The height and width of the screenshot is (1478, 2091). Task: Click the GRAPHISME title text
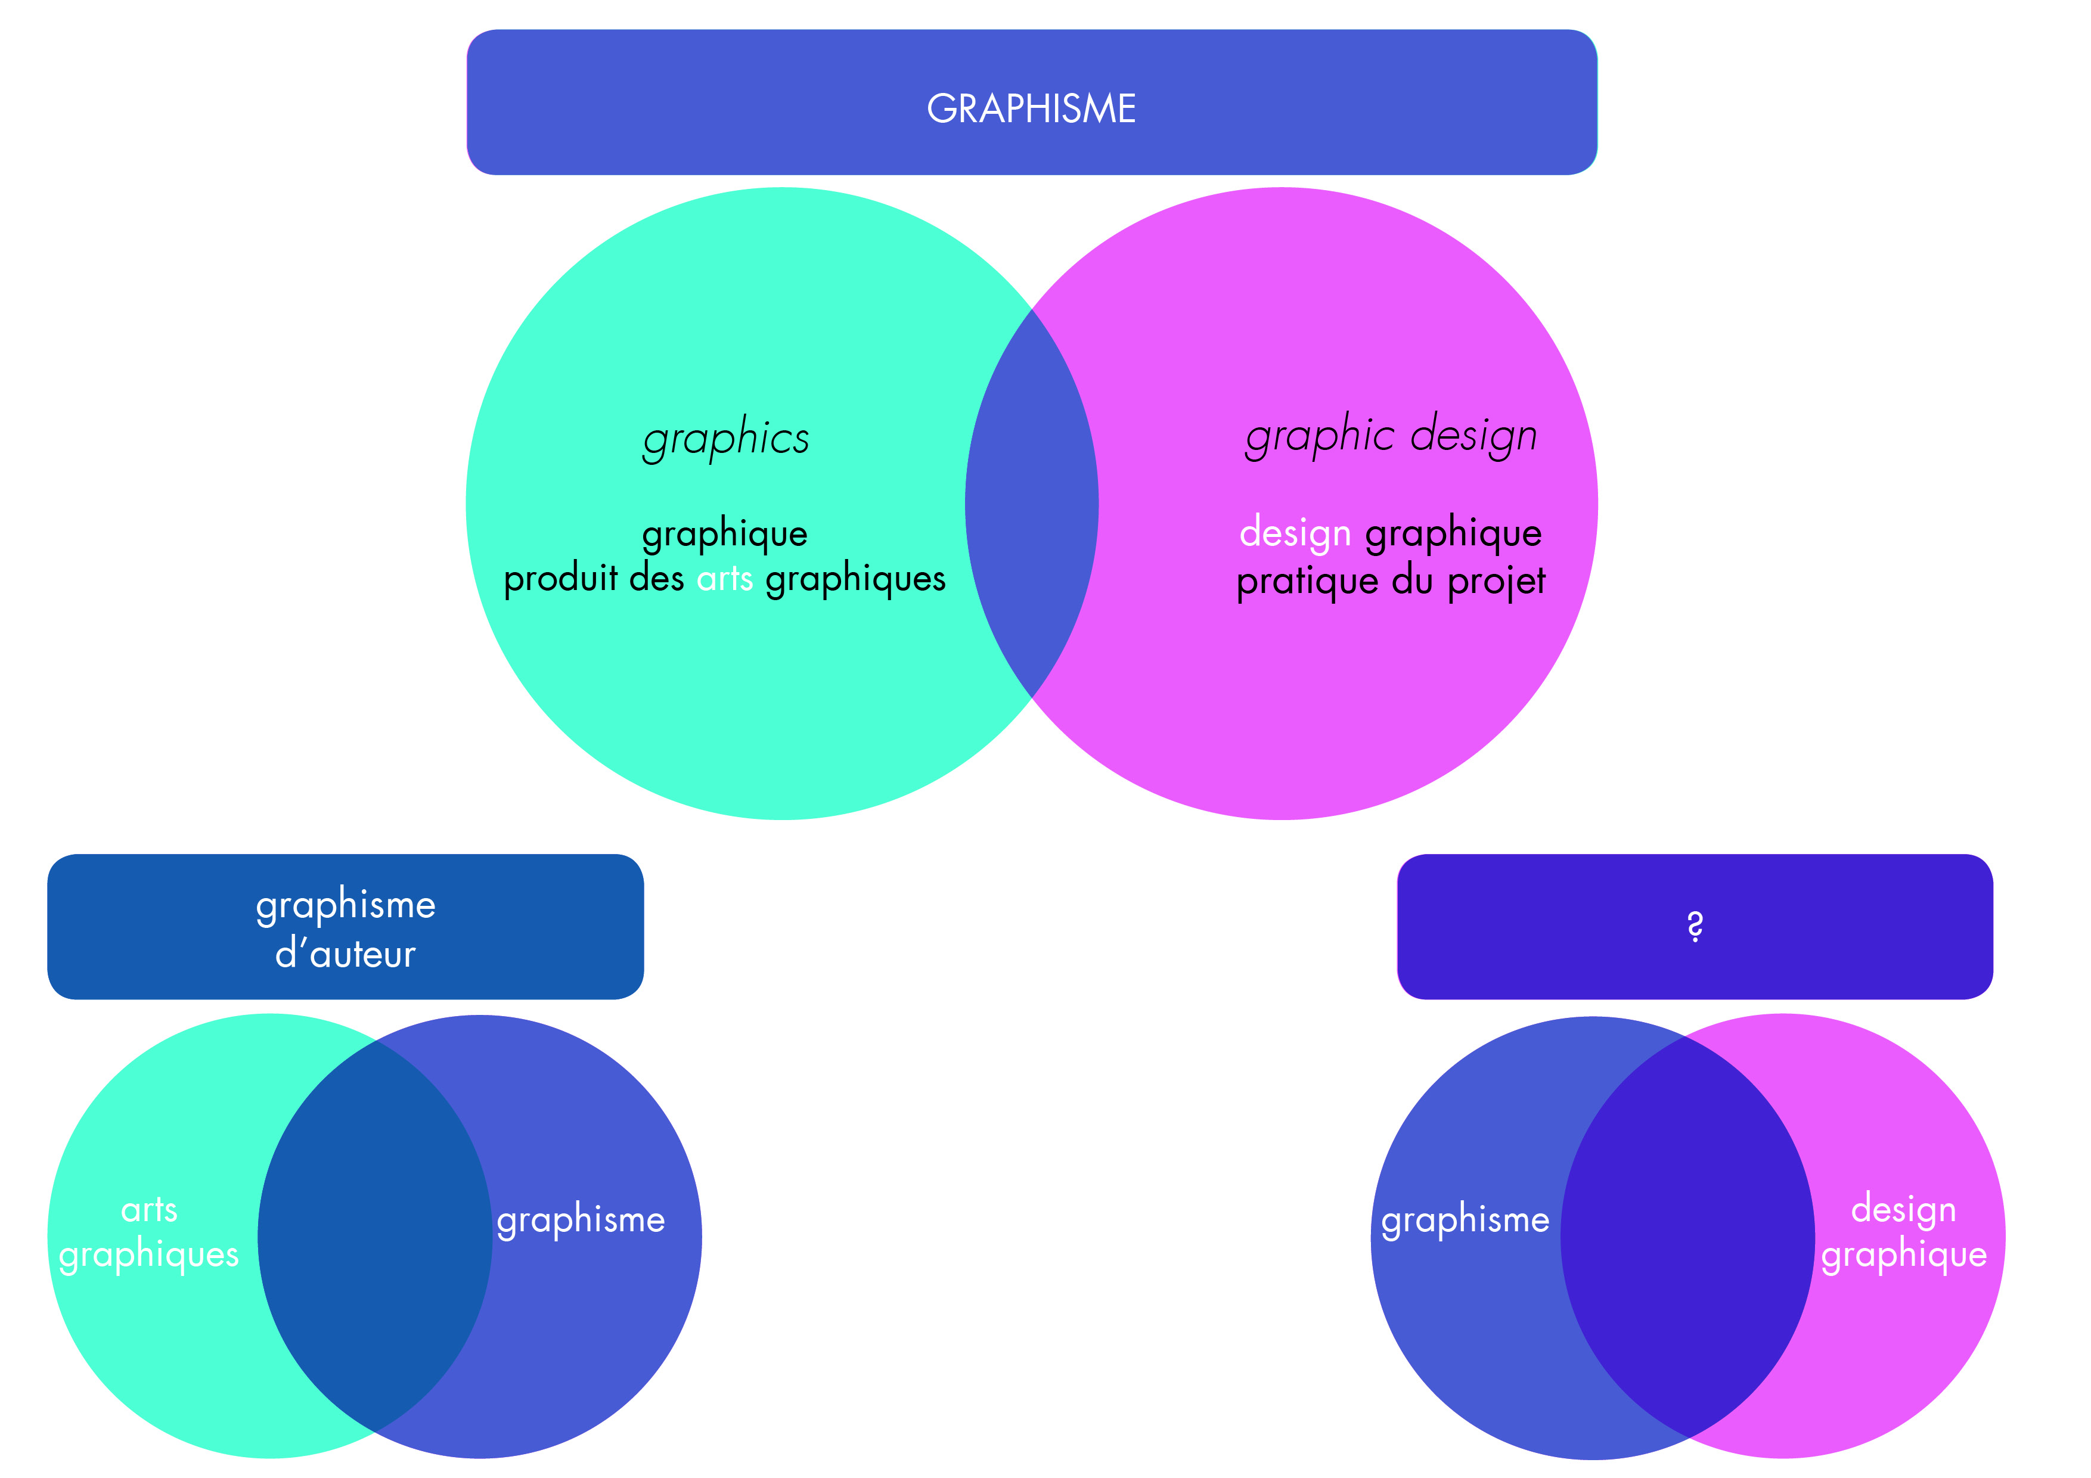point(1031,108)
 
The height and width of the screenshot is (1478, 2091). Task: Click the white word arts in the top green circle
point(724,579)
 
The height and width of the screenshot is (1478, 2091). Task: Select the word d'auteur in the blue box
point(345,954)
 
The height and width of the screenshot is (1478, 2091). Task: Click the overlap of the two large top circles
point(1031,504)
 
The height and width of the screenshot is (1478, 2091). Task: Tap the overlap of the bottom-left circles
point(375,1236)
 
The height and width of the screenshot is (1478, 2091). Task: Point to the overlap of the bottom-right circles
point(1687,1236)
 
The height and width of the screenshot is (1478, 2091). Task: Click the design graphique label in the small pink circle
point(1903,1232)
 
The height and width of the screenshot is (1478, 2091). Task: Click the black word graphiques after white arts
point(855,580)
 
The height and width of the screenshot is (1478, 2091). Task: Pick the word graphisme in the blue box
point(345,906)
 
